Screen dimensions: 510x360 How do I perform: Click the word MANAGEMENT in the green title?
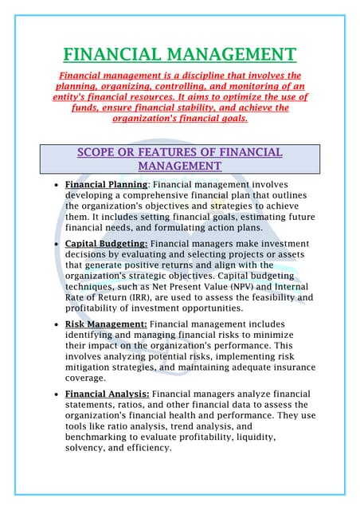[230, 55]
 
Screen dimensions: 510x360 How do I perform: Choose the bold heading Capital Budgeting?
[106, 242]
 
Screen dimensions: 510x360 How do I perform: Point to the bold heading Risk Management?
[105, 324]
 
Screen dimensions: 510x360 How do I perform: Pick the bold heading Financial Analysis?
[107, 394]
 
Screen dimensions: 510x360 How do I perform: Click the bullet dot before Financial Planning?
[53, 185]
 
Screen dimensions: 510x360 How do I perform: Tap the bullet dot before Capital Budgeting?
[53, 243]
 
